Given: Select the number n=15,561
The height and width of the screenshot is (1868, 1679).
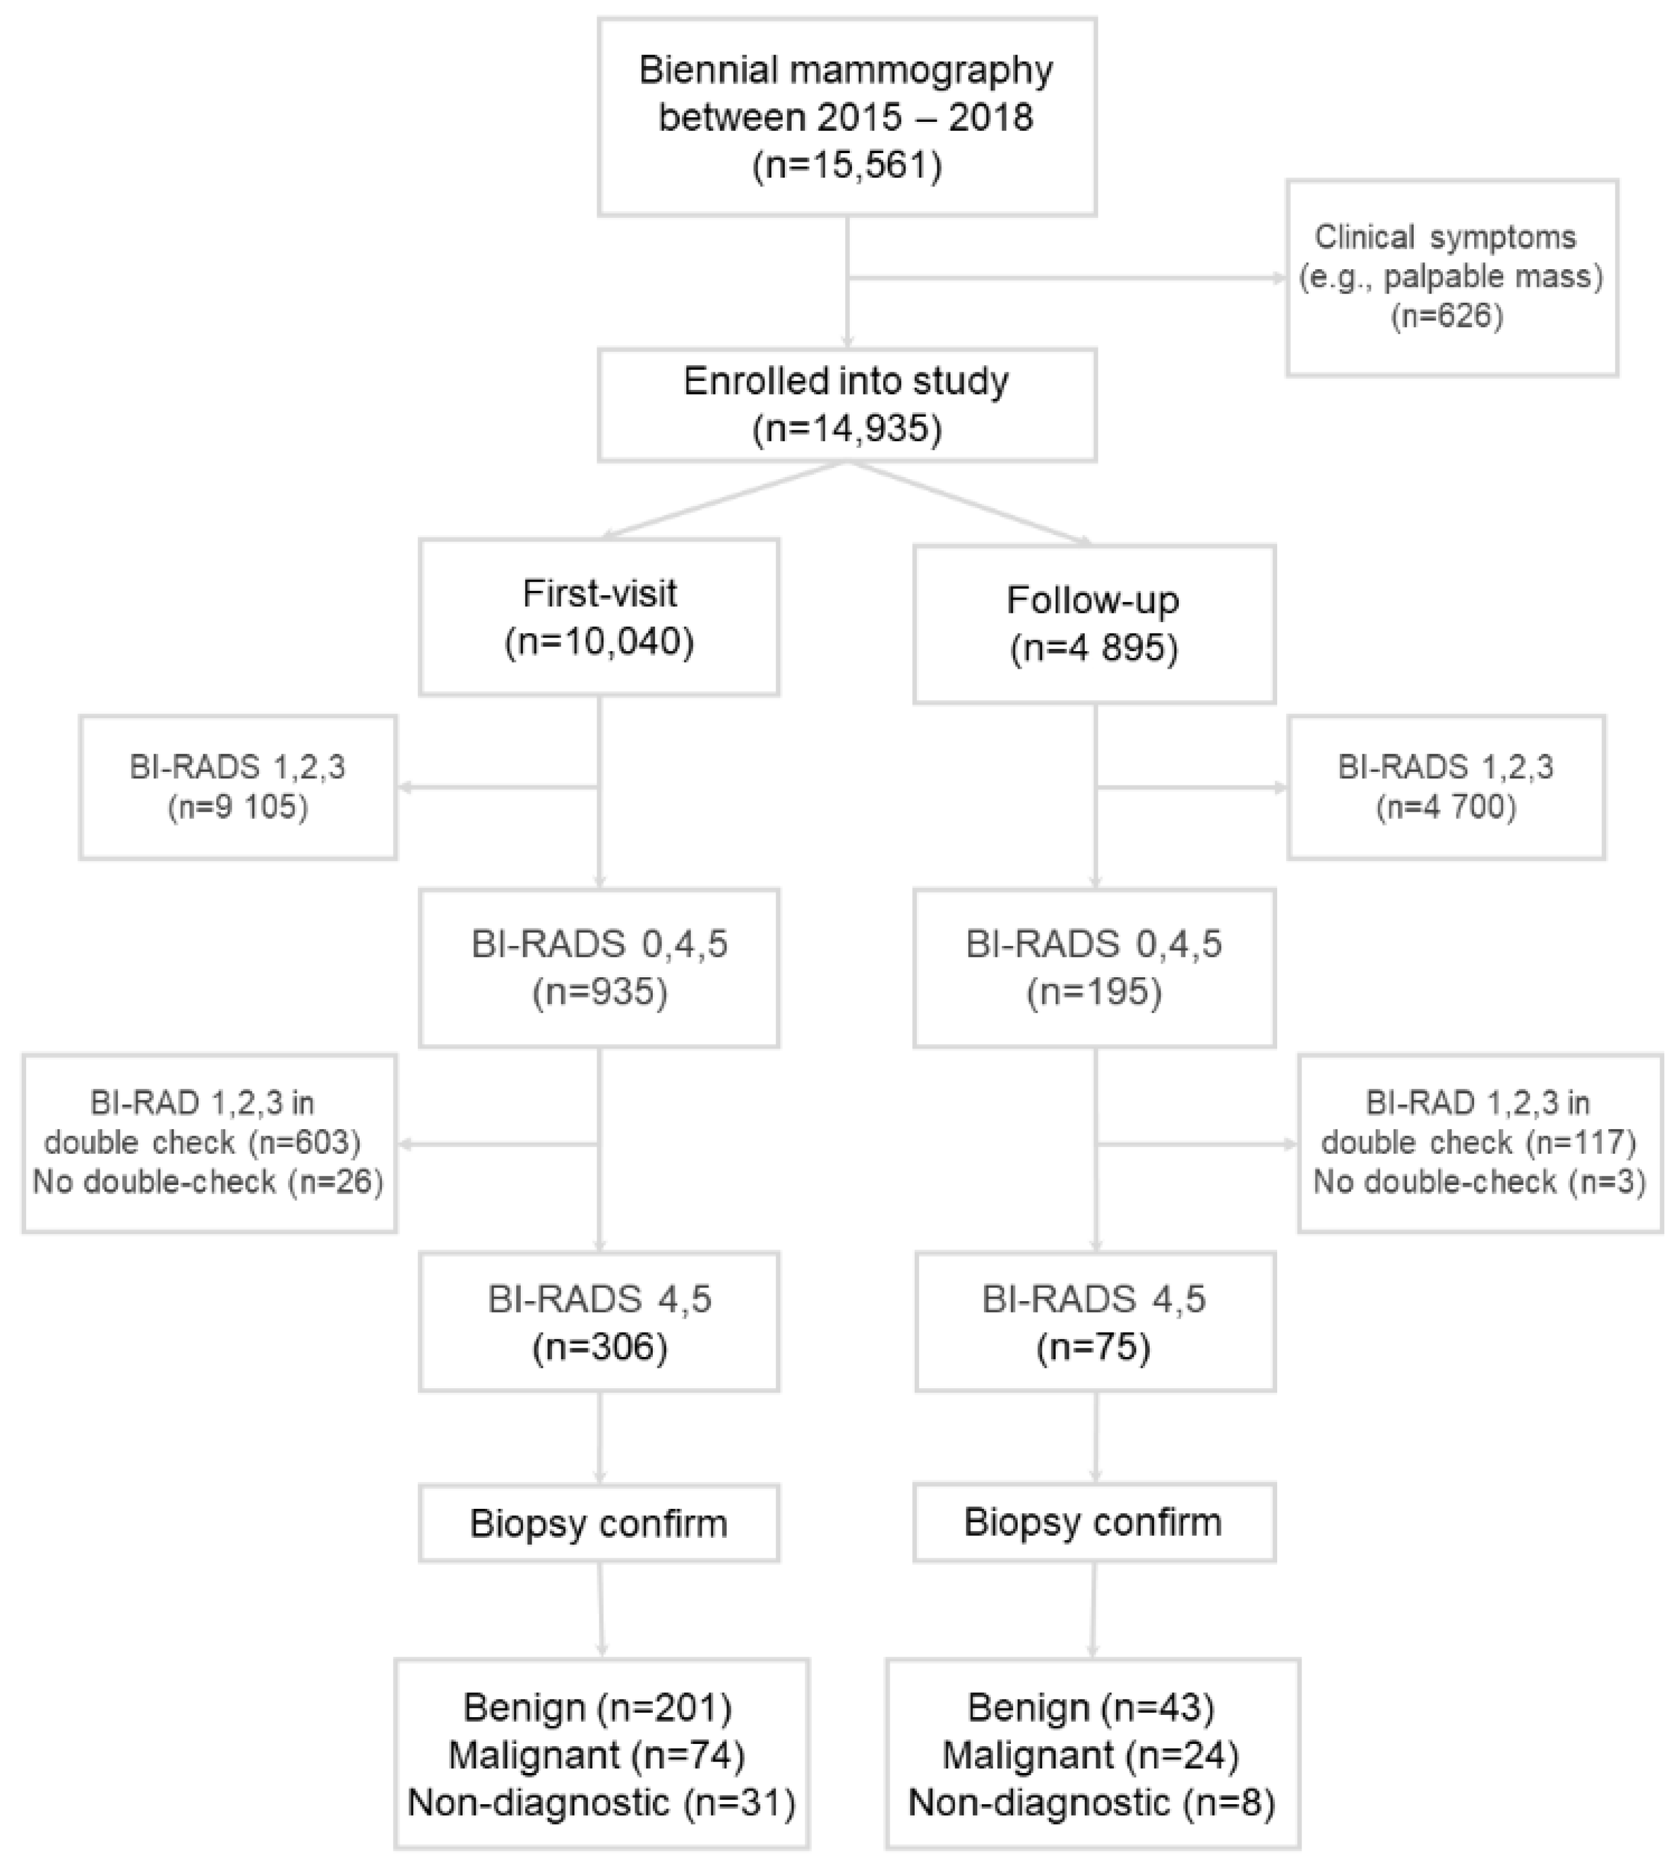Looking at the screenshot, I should (x=847, y=167).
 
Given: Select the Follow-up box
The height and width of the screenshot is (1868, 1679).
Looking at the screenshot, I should (x=1093, y=624).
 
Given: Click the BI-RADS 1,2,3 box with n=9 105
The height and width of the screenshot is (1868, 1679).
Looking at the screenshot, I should (x=237, y=787).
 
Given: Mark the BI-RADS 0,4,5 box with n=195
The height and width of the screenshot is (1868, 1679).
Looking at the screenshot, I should (x=1093, y=968).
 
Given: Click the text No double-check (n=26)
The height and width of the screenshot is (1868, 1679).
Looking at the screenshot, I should (x=208, y=1182).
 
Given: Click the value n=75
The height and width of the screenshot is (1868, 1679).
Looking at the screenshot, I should (x=1093, y=1348).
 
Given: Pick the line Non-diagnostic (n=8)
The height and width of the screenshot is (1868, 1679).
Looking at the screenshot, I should (x=1092, y=1801).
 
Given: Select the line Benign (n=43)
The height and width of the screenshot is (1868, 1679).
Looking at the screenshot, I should (x=1092, y=1707).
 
